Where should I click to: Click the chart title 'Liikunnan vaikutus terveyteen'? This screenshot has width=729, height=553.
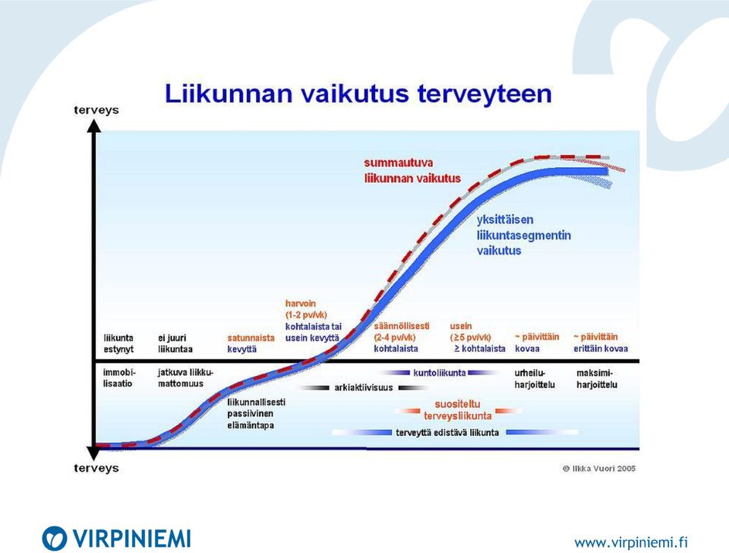point(358,93)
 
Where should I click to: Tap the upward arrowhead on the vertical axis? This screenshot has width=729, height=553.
point(94,126)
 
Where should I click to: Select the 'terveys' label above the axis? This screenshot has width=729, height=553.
point(96,110)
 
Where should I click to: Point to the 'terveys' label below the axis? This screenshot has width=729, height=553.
point(96,468)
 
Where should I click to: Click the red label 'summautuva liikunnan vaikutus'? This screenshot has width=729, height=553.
point(412,171)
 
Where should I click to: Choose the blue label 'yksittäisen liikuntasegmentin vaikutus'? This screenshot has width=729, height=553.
point(523,235)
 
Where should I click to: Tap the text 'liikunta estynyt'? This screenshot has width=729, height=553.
point(118,343)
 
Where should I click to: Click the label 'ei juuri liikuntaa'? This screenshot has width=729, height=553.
point(175,343)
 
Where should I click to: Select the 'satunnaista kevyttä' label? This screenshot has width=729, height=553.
point(251,343)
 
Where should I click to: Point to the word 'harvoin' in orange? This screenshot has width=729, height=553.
point(301,303)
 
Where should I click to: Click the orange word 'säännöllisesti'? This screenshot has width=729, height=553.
point(402,326)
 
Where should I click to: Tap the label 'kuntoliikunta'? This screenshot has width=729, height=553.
point(440,372)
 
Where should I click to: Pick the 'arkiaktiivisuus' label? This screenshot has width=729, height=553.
point(364,387)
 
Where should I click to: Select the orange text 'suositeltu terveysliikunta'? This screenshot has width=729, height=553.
point(457,409)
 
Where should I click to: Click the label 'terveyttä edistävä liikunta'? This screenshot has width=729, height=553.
point(447,432)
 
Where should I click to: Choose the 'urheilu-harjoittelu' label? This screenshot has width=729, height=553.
point(535,378)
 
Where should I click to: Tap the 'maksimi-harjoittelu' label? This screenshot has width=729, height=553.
point(597,378)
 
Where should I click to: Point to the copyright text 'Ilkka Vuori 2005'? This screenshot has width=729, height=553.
point(599,469)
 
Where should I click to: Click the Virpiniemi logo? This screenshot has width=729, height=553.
point(116,539)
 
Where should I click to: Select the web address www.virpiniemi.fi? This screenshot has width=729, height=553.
point(631,542)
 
